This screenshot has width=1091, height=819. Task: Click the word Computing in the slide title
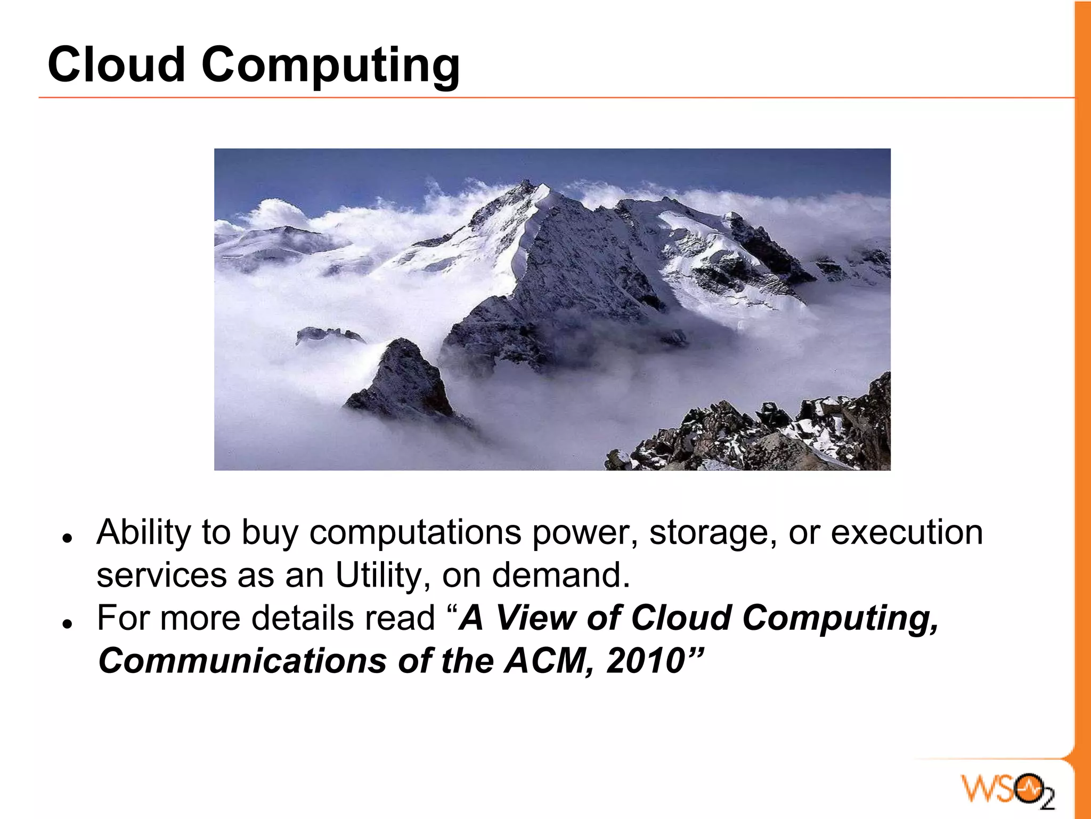coord(330,67)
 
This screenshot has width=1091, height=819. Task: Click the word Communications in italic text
coord(242,661)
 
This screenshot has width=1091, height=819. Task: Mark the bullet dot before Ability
coord(67,537)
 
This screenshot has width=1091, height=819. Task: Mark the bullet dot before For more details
coord(67,623)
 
